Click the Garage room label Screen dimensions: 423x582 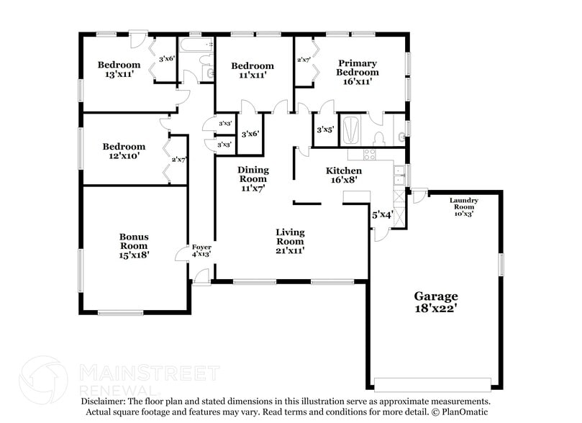(435, 302)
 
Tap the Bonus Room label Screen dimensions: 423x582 (134, 245)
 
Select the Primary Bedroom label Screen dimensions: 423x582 (358, 72)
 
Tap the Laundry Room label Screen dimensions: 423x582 (462, 206)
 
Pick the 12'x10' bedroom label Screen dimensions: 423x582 (124, 151)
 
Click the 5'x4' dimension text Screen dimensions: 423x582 (382, 214)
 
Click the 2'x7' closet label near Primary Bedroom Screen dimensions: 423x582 (303, 60)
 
